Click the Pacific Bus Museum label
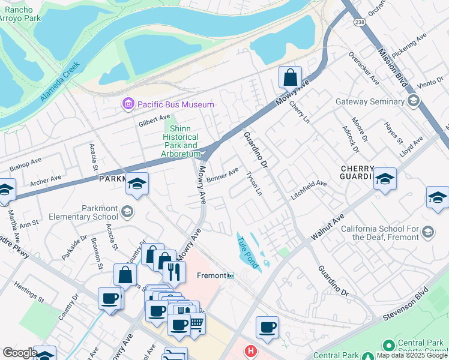pos(175,104)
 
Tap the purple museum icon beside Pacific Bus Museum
pos(128,104)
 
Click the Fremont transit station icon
pos(230,275)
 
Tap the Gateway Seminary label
pos(370,101)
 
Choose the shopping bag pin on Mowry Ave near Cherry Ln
pos(291,77)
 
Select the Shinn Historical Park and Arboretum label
pos(181,142)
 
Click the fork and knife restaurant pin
pos(174,272)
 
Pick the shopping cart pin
pos(196,324)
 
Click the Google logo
pos(20,353)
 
